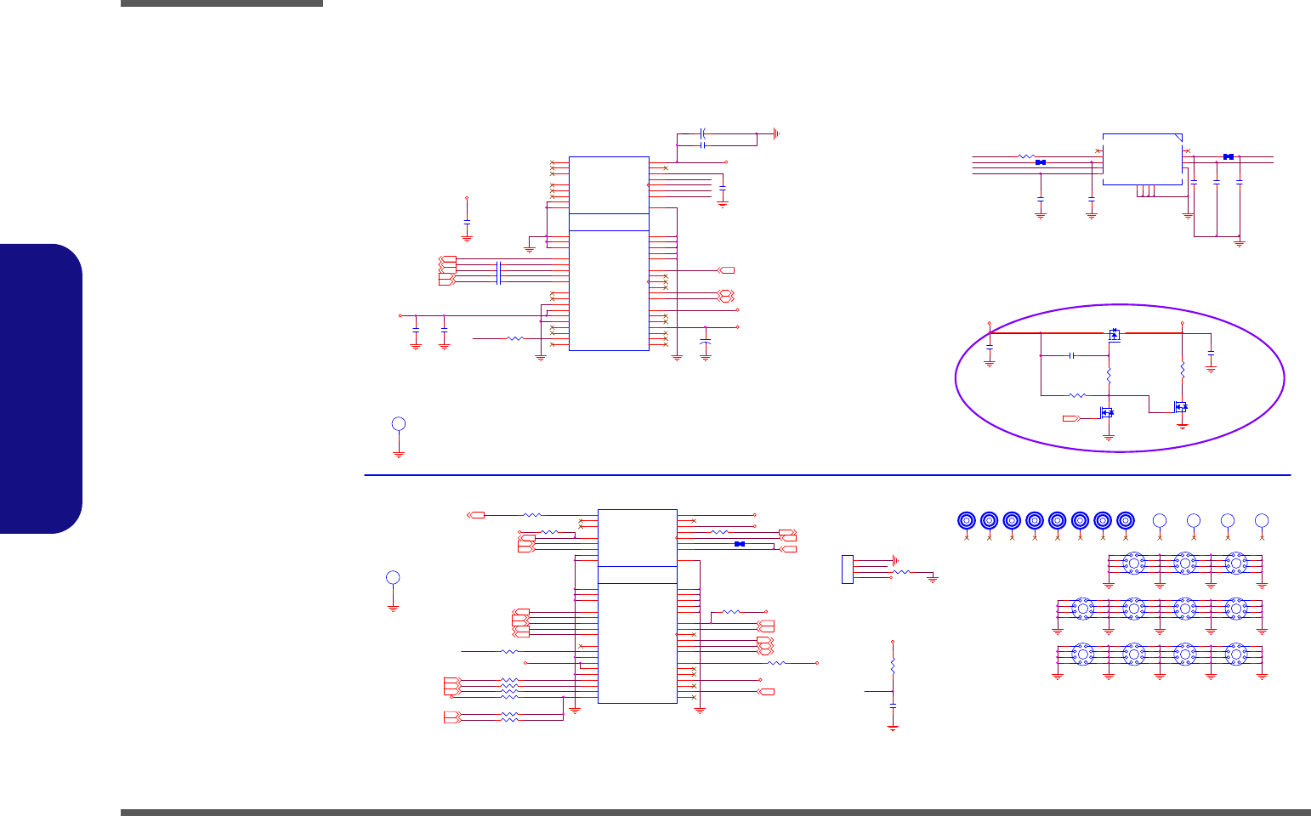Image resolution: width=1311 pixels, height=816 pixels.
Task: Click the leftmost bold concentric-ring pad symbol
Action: (x=967, y=520)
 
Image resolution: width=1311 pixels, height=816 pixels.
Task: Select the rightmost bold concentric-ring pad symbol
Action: (x=1126, y=520)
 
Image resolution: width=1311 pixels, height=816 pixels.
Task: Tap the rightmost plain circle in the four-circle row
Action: (x=1262, y=520)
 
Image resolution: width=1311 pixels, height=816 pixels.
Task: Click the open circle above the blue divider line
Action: (x=399, y=424)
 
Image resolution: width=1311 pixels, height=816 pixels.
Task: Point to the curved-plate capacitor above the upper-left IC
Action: (x=703, y=133)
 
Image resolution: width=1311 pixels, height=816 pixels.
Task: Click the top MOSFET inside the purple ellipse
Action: (x=1114, y=335)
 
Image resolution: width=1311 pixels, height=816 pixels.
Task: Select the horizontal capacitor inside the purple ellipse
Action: (x=1072, y=355)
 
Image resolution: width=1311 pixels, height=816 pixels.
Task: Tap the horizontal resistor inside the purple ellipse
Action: (x=1077, y=395)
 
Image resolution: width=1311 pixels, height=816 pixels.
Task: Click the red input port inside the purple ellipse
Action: (x=1070, y=418)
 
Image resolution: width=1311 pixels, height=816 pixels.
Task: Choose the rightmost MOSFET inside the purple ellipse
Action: (x=1181, y=407)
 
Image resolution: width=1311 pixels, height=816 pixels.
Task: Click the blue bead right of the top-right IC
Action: (x=1228, y=156)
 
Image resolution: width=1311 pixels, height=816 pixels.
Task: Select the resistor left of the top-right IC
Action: (x=1026, y=157)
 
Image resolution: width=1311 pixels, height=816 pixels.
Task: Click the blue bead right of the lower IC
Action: (x=739, y=544)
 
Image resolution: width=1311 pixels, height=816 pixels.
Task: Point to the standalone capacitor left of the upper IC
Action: (x=467, y=222)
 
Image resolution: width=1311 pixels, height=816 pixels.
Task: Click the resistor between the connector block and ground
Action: (x=901, y=574)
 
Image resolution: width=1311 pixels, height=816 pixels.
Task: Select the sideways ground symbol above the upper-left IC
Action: (x=775, y=133)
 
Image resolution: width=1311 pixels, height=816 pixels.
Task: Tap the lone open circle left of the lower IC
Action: (x=393, y=578)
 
